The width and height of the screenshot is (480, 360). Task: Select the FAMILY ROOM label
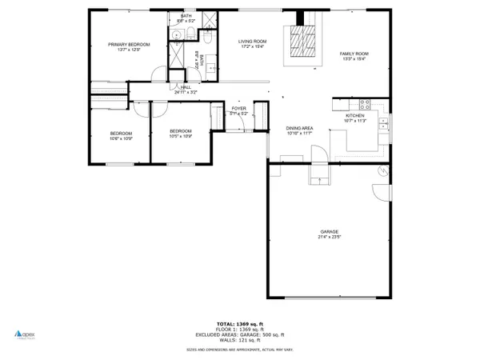354,53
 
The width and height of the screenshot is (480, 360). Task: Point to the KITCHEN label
354,115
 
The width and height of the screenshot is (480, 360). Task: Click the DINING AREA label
299,128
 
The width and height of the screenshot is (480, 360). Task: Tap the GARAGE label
328,232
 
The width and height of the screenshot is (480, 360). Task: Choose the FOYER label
238,108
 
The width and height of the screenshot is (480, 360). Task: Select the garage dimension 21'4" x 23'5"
328,238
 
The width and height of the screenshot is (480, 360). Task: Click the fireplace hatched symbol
303,40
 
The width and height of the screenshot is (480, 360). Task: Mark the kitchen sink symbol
386,122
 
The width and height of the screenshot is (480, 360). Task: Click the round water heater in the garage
382,171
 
